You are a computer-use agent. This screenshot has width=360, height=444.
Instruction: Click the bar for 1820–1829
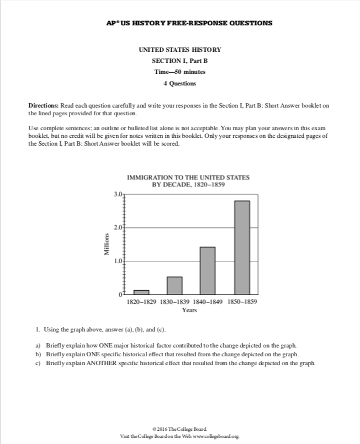141,292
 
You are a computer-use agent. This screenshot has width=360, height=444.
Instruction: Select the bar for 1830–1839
174,285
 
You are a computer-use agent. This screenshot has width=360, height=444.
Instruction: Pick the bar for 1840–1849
208,270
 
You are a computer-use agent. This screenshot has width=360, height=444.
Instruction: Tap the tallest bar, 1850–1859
242,247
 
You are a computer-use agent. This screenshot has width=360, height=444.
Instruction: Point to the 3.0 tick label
119,194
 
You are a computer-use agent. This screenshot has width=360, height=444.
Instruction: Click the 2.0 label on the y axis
119,227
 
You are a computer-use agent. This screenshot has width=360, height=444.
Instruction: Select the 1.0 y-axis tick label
119,260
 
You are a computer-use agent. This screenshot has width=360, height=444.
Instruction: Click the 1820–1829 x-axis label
142,302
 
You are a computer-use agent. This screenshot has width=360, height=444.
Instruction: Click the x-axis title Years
189,310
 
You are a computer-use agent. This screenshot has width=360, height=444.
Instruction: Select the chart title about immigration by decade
188,181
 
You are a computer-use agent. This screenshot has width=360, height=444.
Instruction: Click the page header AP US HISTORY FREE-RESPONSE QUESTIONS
180,24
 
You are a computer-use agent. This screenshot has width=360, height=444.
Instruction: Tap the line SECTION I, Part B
180,61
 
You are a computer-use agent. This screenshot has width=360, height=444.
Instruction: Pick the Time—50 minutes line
180,72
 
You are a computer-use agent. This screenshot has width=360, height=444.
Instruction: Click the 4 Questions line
180,83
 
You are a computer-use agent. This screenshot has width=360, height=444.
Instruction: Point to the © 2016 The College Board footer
180,429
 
